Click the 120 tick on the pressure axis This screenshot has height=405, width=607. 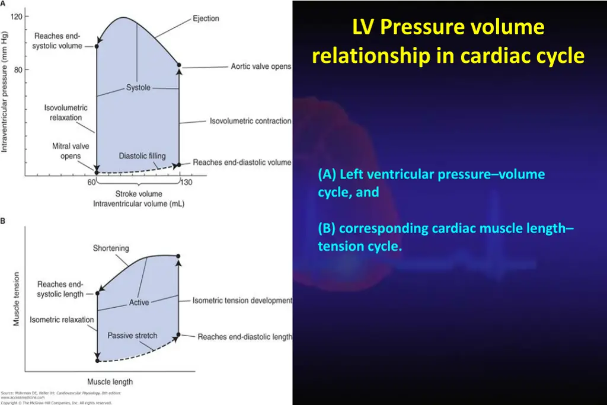pyautogui.click(x=17, y=16)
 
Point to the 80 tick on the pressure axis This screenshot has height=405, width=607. pyautogui.click(x=18, y=69)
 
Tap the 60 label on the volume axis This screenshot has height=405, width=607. pyautogui.click(x=91, y=182)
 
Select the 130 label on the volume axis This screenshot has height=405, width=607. pyautogui.click(x=185, y=182)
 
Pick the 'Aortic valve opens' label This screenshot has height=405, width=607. pyautogui.click(x=261, y=66)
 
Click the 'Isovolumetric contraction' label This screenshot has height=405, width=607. pyautogui.click(x=250, y=121)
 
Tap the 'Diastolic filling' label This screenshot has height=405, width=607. pyautogui.click(x=142, y=157)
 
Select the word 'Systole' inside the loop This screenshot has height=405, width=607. pyautogui.click(x=138, y=88)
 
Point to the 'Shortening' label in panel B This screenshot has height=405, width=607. pyautogui.click(x=111, y=248)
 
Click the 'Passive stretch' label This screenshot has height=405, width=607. pyautogui.click(x=132, y=336)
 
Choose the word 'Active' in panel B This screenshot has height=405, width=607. pyautogui.click(x=139, y=302)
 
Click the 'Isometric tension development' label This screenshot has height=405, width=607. pyautogui.click(x=242, y=301)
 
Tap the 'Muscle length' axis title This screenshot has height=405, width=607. pyautogui.click(x=110, y=382)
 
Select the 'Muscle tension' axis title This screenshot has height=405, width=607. pyautogui.click(x=17, y=298)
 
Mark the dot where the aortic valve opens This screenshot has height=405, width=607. pyautogui.click(x=179, y=65)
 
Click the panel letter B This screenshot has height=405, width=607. pyautogui.click(x=4, y=221)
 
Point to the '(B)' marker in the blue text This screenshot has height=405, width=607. pyautogui.click(x=327, y=228)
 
